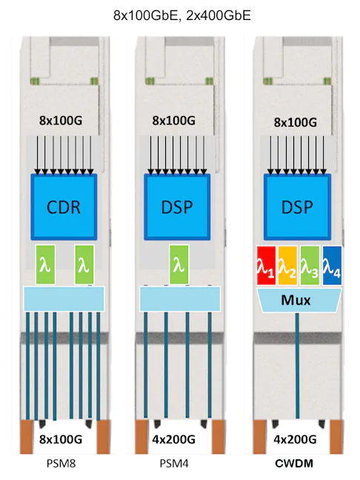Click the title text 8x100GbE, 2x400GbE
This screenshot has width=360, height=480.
coord(181,16)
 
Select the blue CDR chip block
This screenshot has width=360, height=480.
coord(64,207)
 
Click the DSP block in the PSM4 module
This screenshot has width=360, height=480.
coord(177,207)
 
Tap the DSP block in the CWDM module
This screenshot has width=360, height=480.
coord(297,207)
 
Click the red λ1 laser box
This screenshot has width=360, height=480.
coord(266,265)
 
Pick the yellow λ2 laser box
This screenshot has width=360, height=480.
coord(287,265)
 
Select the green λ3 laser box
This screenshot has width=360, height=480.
coord(310,265)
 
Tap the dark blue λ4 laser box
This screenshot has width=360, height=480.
coord(332,265)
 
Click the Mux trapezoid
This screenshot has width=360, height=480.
coord(296,300)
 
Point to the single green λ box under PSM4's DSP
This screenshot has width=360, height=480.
coord(179,264)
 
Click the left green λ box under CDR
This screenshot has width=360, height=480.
coord(46,264)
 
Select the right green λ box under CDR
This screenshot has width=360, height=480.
coord(84,264)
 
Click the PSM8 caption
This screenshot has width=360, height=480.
coord(61,464)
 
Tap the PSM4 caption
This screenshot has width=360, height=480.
coord(174,464)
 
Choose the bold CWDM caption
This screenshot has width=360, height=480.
coord(294,464)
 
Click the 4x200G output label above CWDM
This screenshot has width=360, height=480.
coord(295,439)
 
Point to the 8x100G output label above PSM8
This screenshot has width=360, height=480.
coord(61,439)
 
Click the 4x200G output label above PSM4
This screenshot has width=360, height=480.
coord(174,439)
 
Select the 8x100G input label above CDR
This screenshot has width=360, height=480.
coord(61,121)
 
